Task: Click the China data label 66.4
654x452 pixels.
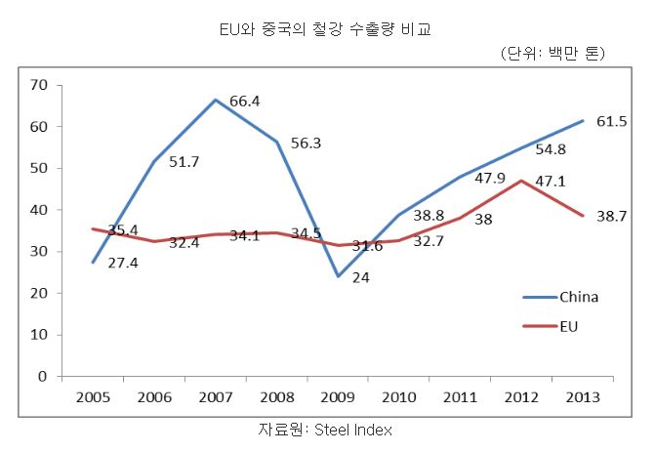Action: point(244,101)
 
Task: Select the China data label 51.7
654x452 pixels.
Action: point(184,162)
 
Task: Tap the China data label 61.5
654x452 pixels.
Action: point(613,121)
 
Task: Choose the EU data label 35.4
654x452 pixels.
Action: point(122,230)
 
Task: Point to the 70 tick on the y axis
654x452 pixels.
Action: point(39,85)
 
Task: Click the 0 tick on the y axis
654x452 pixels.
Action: point(43,376)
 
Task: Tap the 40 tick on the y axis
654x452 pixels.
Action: point(39,210)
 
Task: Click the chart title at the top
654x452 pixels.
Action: point(326,30)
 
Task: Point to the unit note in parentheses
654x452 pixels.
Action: point(552,54)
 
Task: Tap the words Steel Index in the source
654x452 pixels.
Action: point(353,430)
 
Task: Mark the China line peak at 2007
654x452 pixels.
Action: point(216,100)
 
